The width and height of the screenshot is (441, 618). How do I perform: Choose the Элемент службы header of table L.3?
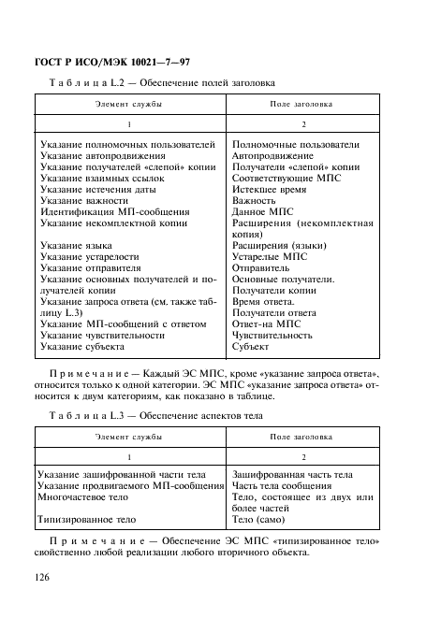(x=128, y=437)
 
